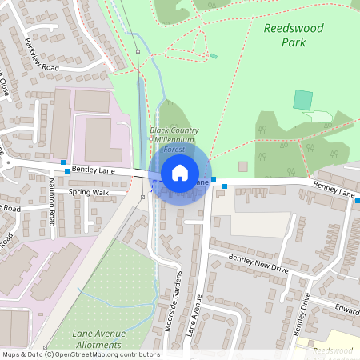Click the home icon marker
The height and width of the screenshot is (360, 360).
(x=180, y=172)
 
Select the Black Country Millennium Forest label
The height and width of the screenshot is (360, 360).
(x=174, y=139)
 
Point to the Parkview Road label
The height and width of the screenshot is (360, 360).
(x=42, y=55)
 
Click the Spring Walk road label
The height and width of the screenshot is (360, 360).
(x=88, y=192)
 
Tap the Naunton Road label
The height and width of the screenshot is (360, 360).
(x=50, y=212)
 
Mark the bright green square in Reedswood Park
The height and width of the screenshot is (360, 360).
(x=302, y=100)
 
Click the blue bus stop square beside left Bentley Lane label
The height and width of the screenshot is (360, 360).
(x=66, y=170)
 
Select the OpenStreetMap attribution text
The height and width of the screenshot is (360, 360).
(x=81, y=354)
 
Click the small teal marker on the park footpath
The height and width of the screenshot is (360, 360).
(x=214, y=56)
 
